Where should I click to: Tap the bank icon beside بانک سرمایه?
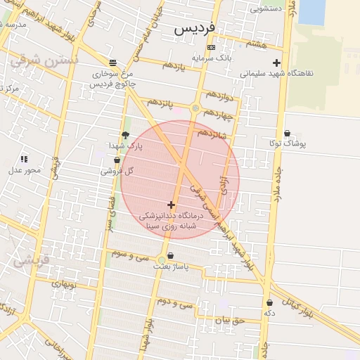[x=211, y=47]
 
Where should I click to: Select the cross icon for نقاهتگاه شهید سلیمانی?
[x=277, y=63]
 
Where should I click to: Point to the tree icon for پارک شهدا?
[x=125, y=135]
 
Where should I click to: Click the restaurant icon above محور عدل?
[x=24, y=160]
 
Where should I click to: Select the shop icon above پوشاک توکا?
[x=287, y=133]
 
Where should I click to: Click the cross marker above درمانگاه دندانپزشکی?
[x=171, y=204]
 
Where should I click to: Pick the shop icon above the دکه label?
[x=269, y=302]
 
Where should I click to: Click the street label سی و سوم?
[x=129, y=253]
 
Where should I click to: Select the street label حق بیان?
[x=229, y=321]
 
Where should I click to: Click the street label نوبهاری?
[x=63, y=283]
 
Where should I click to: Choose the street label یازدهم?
[x=173, y=65]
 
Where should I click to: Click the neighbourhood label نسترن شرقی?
[x=42, y=62]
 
